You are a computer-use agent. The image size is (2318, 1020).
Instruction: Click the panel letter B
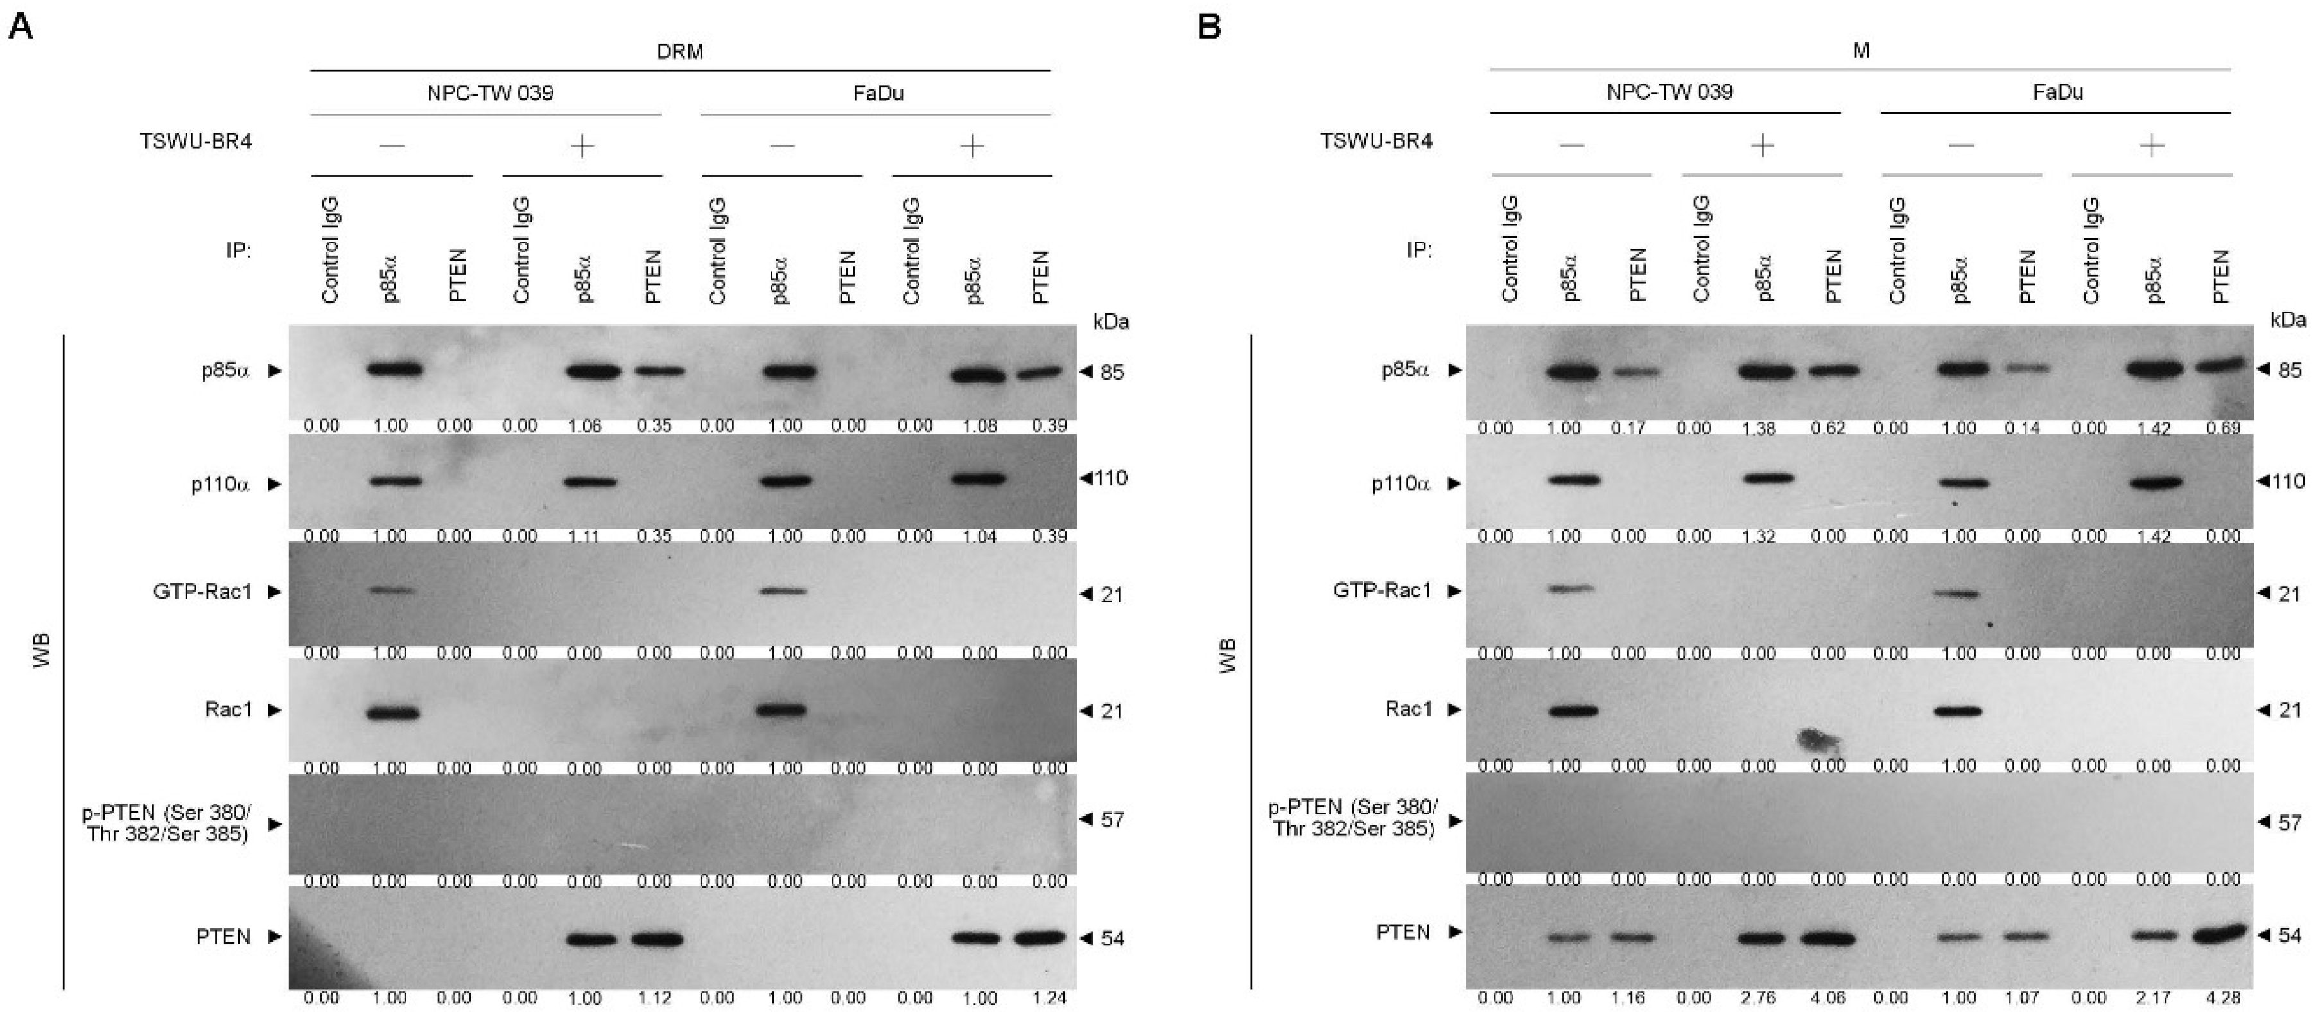(x=1208, y=26)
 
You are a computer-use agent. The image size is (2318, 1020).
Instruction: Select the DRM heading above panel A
(x=679, y=51)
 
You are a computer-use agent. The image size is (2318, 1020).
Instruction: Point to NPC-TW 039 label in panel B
(x=1669, y=92)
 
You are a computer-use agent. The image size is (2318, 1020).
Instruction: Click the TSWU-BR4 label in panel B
(x=1376, y=141)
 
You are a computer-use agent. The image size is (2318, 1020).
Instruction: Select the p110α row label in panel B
(x=1400, y=484)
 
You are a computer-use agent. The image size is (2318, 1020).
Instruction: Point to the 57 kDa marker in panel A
(x=1112, y=819)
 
